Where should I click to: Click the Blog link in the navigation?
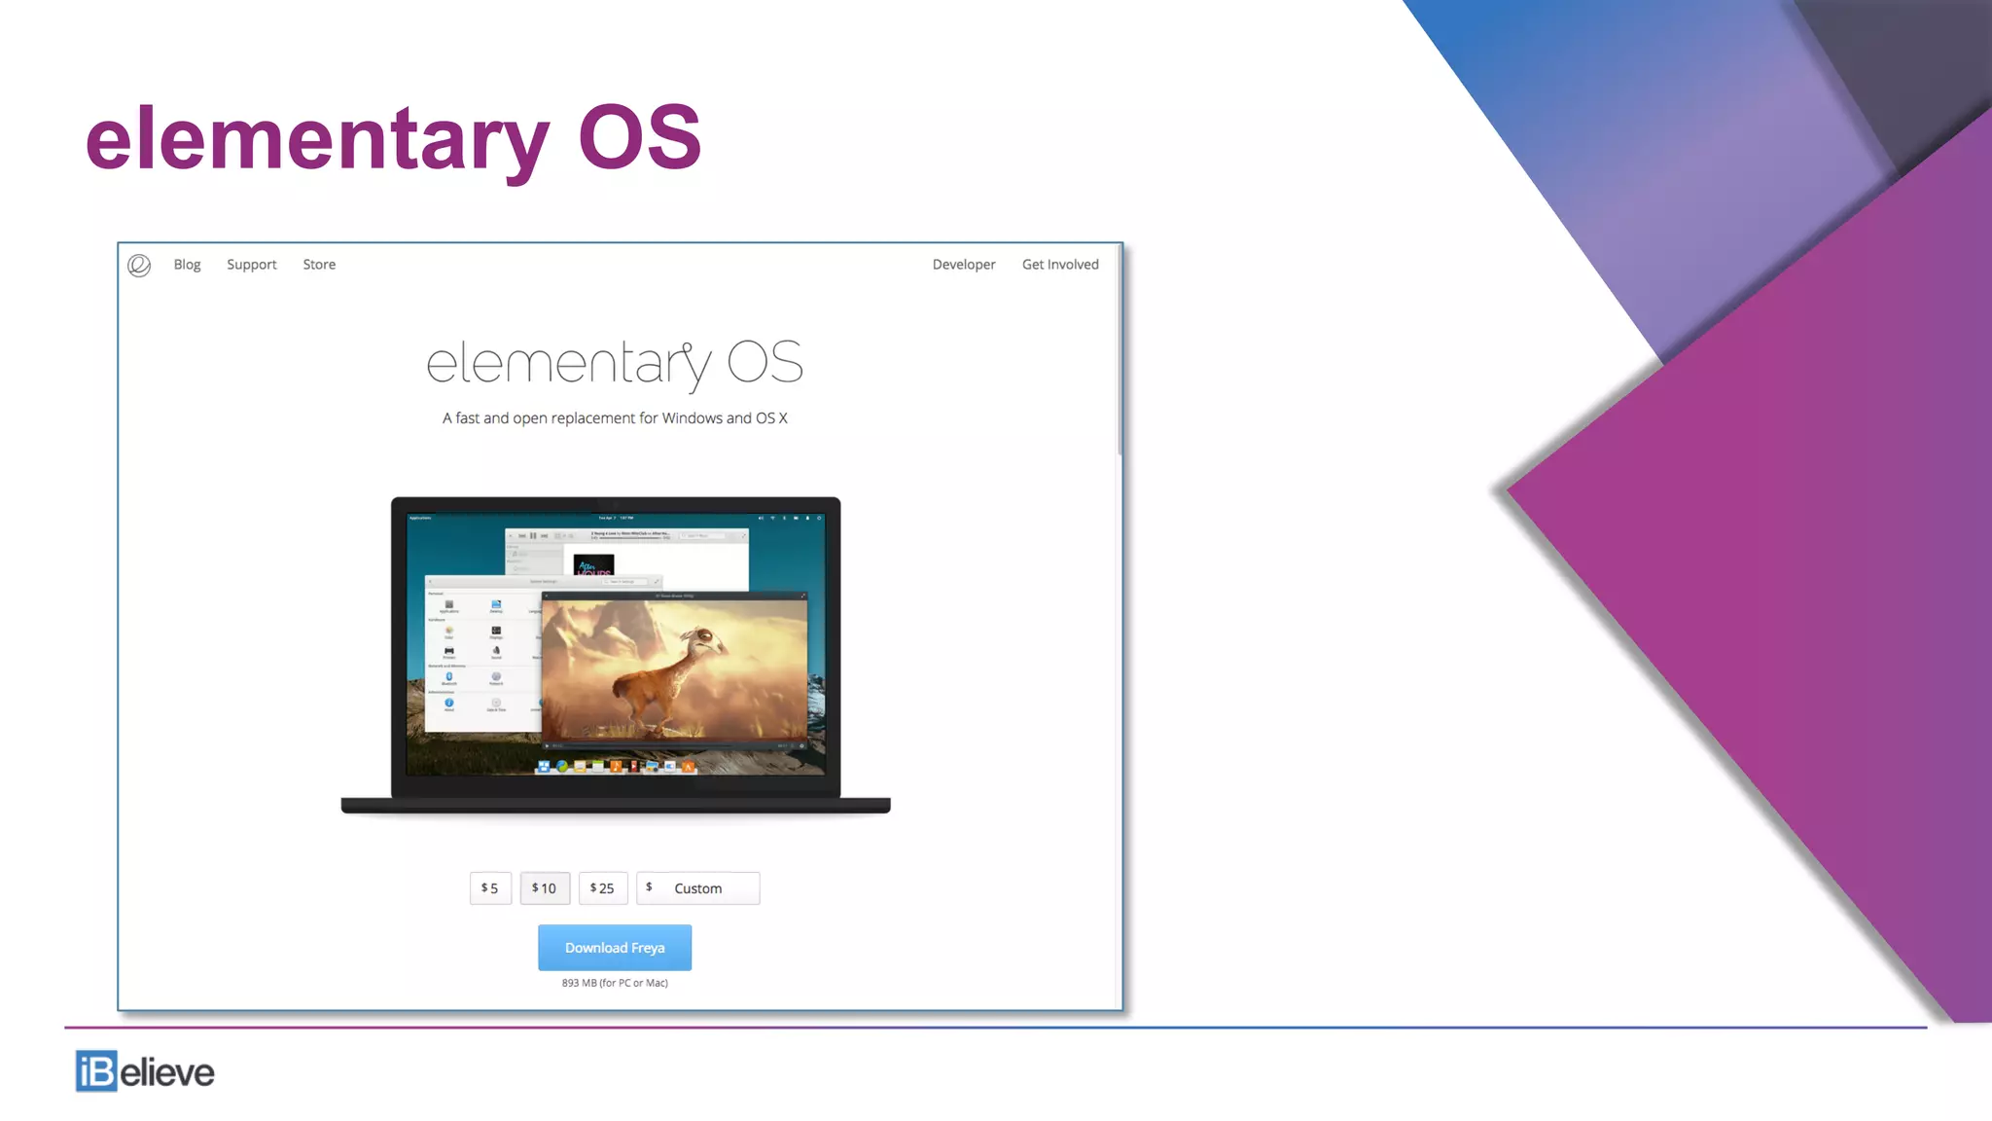(187, 265)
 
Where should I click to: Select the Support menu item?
(251, 265)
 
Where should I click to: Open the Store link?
(319, 265)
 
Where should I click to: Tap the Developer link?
(963, 265)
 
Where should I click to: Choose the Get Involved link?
(1059, 265)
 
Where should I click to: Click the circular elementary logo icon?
(139, 266)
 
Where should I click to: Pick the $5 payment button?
(490, 888)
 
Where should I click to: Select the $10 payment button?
(545, 888)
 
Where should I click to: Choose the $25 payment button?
(603, 888)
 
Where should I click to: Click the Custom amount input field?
(710, 888)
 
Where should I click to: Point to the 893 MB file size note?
(615, 983)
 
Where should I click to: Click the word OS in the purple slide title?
(639, 138)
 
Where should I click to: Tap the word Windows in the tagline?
(692, 418)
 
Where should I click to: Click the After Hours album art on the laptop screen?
(593, 565)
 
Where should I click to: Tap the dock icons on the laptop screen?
(615, 767)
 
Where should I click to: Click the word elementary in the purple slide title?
(317, 138)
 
